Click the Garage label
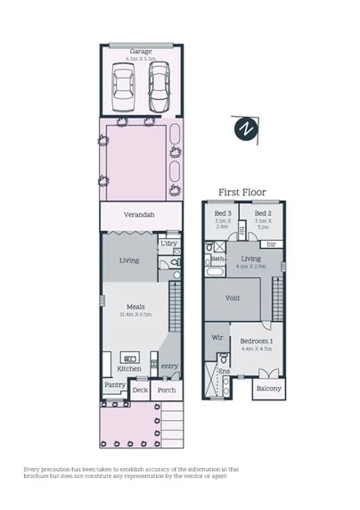(141, 52)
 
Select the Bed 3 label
(223, 215)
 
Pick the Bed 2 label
(261, 215)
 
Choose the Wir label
(217, 339)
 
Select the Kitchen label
(130, 368)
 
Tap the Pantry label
(114, 385)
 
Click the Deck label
(140, 390)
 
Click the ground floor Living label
(130, 260)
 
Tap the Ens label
(225, 371)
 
